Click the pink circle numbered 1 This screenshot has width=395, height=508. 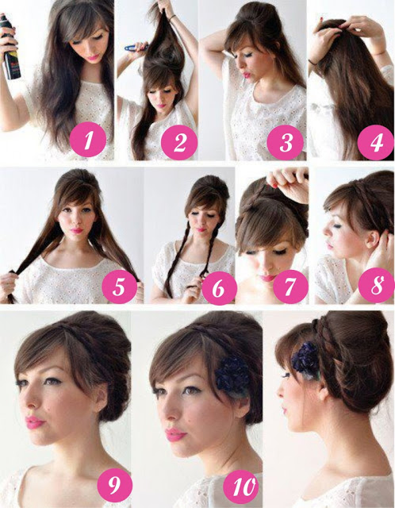88,140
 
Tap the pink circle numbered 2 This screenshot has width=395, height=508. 179,141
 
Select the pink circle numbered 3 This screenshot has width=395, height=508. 286,141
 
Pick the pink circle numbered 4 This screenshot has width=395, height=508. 376,141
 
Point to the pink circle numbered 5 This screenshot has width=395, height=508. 120,286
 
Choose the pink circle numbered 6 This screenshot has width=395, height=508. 218,287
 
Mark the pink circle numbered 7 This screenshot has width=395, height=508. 291,287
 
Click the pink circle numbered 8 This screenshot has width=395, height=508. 377,285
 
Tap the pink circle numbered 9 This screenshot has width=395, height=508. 115,485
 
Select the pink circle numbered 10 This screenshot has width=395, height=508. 240,486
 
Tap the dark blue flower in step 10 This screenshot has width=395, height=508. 232,374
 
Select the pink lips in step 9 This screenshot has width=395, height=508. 33,422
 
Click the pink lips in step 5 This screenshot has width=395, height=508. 77,230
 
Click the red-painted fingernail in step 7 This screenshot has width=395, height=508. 275,186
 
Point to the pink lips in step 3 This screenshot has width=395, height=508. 247,75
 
